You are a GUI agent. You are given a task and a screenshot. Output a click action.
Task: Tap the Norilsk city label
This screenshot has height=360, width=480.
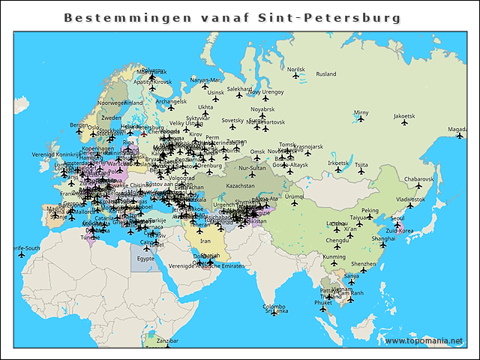[296, 69]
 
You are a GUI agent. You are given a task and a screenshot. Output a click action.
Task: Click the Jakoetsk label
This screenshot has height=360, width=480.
[403, 116]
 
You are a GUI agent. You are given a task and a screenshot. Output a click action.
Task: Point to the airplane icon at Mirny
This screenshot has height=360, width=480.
[361, 119]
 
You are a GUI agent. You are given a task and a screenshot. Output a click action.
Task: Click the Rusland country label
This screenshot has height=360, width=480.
[325, 74]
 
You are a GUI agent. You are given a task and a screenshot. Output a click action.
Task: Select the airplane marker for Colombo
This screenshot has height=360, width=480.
[275, 313]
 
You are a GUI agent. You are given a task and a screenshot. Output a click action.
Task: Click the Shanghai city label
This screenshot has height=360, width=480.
[382, 238]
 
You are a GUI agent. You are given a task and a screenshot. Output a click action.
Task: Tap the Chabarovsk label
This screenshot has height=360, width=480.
[418, 179]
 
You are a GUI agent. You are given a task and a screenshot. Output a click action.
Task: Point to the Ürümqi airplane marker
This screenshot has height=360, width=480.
[294, 202]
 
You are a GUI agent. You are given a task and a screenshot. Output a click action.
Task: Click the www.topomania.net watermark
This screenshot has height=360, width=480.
[424, 340]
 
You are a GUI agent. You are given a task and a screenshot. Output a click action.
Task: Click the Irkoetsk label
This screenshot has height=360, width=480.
[339, 163]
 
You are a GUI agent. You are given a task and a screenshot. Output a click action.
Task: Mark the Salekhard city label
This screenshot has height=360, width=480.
[239, 88]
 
